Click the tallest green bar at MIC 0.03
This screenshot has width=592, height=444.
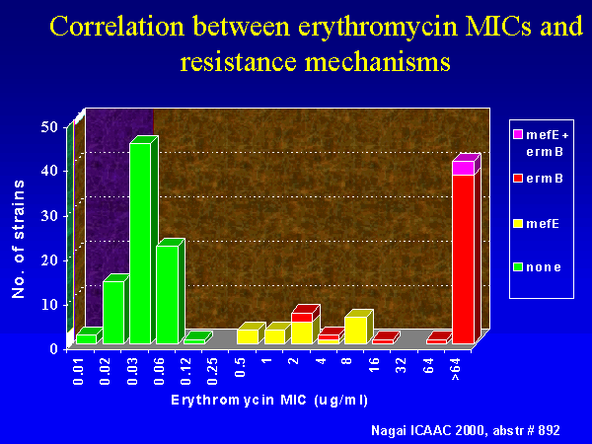[x=140, y=244]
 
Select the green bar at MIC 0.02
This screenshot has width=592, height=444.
[x=113, y=312]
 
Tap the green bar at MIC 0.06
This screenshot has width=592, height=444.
[x=168, y=294]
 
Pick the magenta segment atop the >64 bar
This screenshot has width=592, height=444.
[x=464, y=168]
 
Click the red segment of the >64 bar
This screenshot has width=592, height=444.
[x=464, y=259]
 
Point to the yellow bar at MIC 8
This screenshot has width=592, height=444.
[x=355, y=331]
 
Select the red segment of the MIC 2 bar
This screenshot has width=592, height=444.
[x=302, y=318]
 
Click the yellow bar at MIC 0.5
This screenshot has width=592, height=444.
[x=248, y=336]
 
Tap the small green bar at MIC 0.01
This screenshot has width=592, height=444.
[x=87, y=339]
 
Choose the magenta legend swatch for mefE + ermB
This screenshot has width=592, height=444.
[x=518, y=134]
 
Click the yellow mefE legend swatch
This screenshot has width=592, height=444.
[x=518, y=224]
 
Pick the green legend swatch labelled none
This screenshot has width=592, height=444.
[x=518, y=267]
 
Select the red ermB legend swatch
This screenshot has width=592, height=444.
[x=518, y=178]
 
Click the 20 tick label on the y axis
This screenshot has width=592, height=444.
[x=49, y=260]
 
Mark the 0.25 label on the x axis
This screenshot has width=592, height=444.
[x=213, y=371]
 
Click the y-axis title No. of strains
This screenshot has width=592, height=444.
[x=18, y=239]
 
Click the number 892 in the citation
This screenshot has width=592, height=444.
[x=549, y=430]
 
